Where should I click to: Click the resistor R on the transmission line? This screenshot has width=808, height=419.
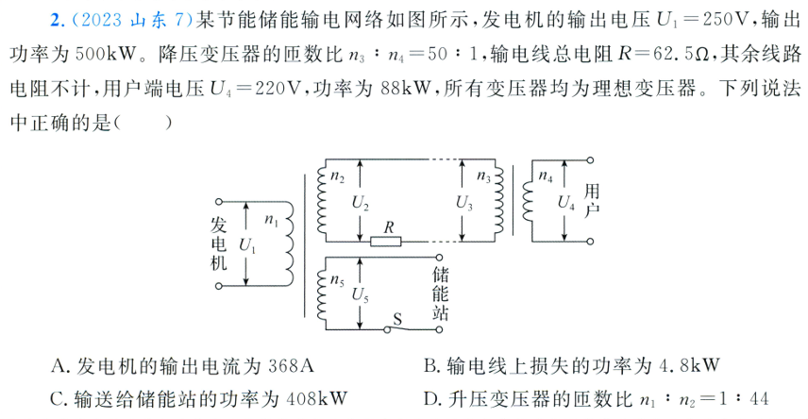click(385, 242)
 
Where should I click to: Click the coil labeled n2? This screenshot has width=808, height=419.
click(321, 200)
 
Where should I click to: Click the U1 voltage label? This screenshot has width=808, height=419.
click(248, 243)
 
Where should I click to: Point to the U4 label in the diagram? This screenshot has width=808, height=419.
click(565, 201)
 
